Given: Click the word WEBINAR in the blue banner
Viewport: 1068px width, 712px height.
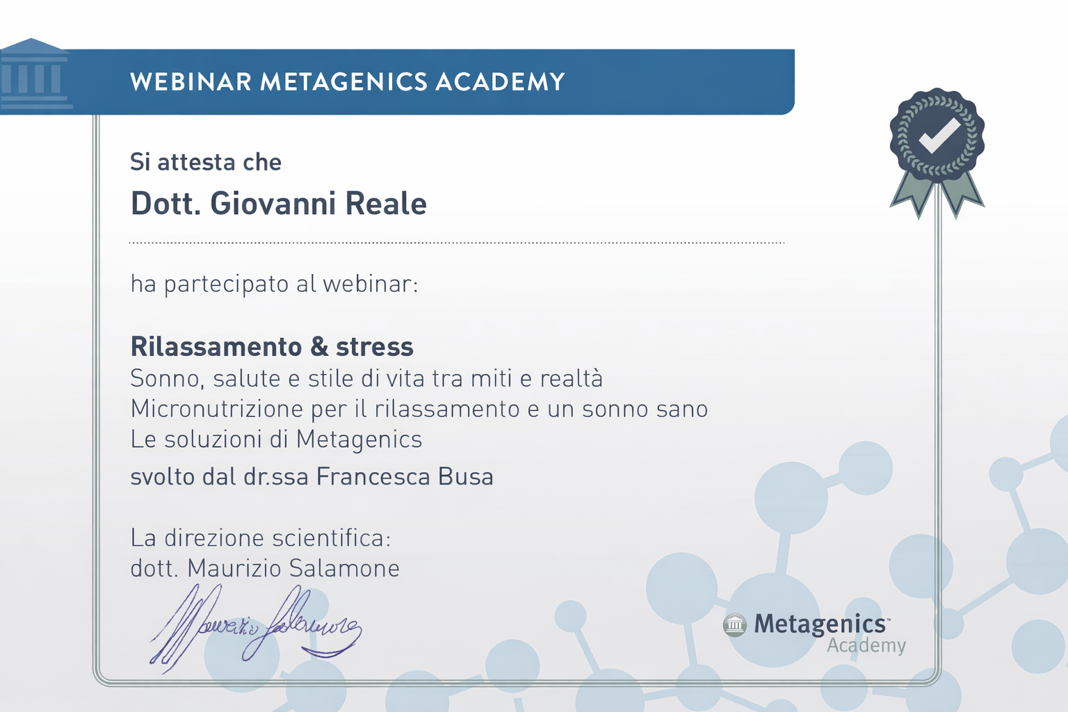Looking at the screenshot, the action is (x=191, y=81).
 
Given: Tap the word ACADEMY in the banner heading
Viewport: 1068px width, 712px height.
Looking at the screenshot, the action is (x=500, y=81).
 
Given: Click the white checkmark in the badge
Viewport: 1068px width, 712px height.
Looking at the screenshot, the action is (x=939, y=136).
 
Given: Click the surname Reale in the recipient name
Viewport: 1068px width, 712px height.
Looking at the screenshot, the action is (x=386, y=204).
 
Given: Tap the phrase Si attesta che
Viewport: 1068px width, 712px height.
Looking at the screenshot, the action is (x=206, y=162).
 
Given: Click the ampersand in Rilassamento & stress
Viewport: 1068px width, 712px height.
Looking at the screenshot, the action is (x=319, y=347).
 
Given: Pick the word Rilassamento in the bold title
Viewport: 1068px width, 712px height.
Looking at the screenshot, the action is (x=216, y=347).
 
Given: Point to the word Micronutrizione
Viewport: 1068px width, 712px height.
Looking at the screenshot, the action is (x=217, y=409).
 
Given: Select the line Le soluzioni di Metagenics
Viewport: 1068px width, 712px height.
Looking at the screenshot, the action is (x=277, y=439).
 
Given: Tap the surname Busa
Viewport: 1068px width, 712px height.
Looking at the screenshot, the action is (x=466, y=477).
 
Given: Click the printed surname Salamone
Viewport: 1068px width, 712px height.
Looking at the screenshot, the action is (x=344, y=569).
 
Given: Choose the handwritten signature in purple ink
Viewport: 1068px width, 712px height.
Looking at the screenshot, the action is (x=255, y=629).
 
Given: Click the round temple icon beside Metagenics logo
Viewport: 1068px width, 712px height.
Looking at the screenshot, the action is (x=735, y=624).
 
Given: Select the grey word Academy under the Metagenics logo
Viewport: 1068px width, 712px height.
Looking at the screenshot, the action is (x=866, y=646).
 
